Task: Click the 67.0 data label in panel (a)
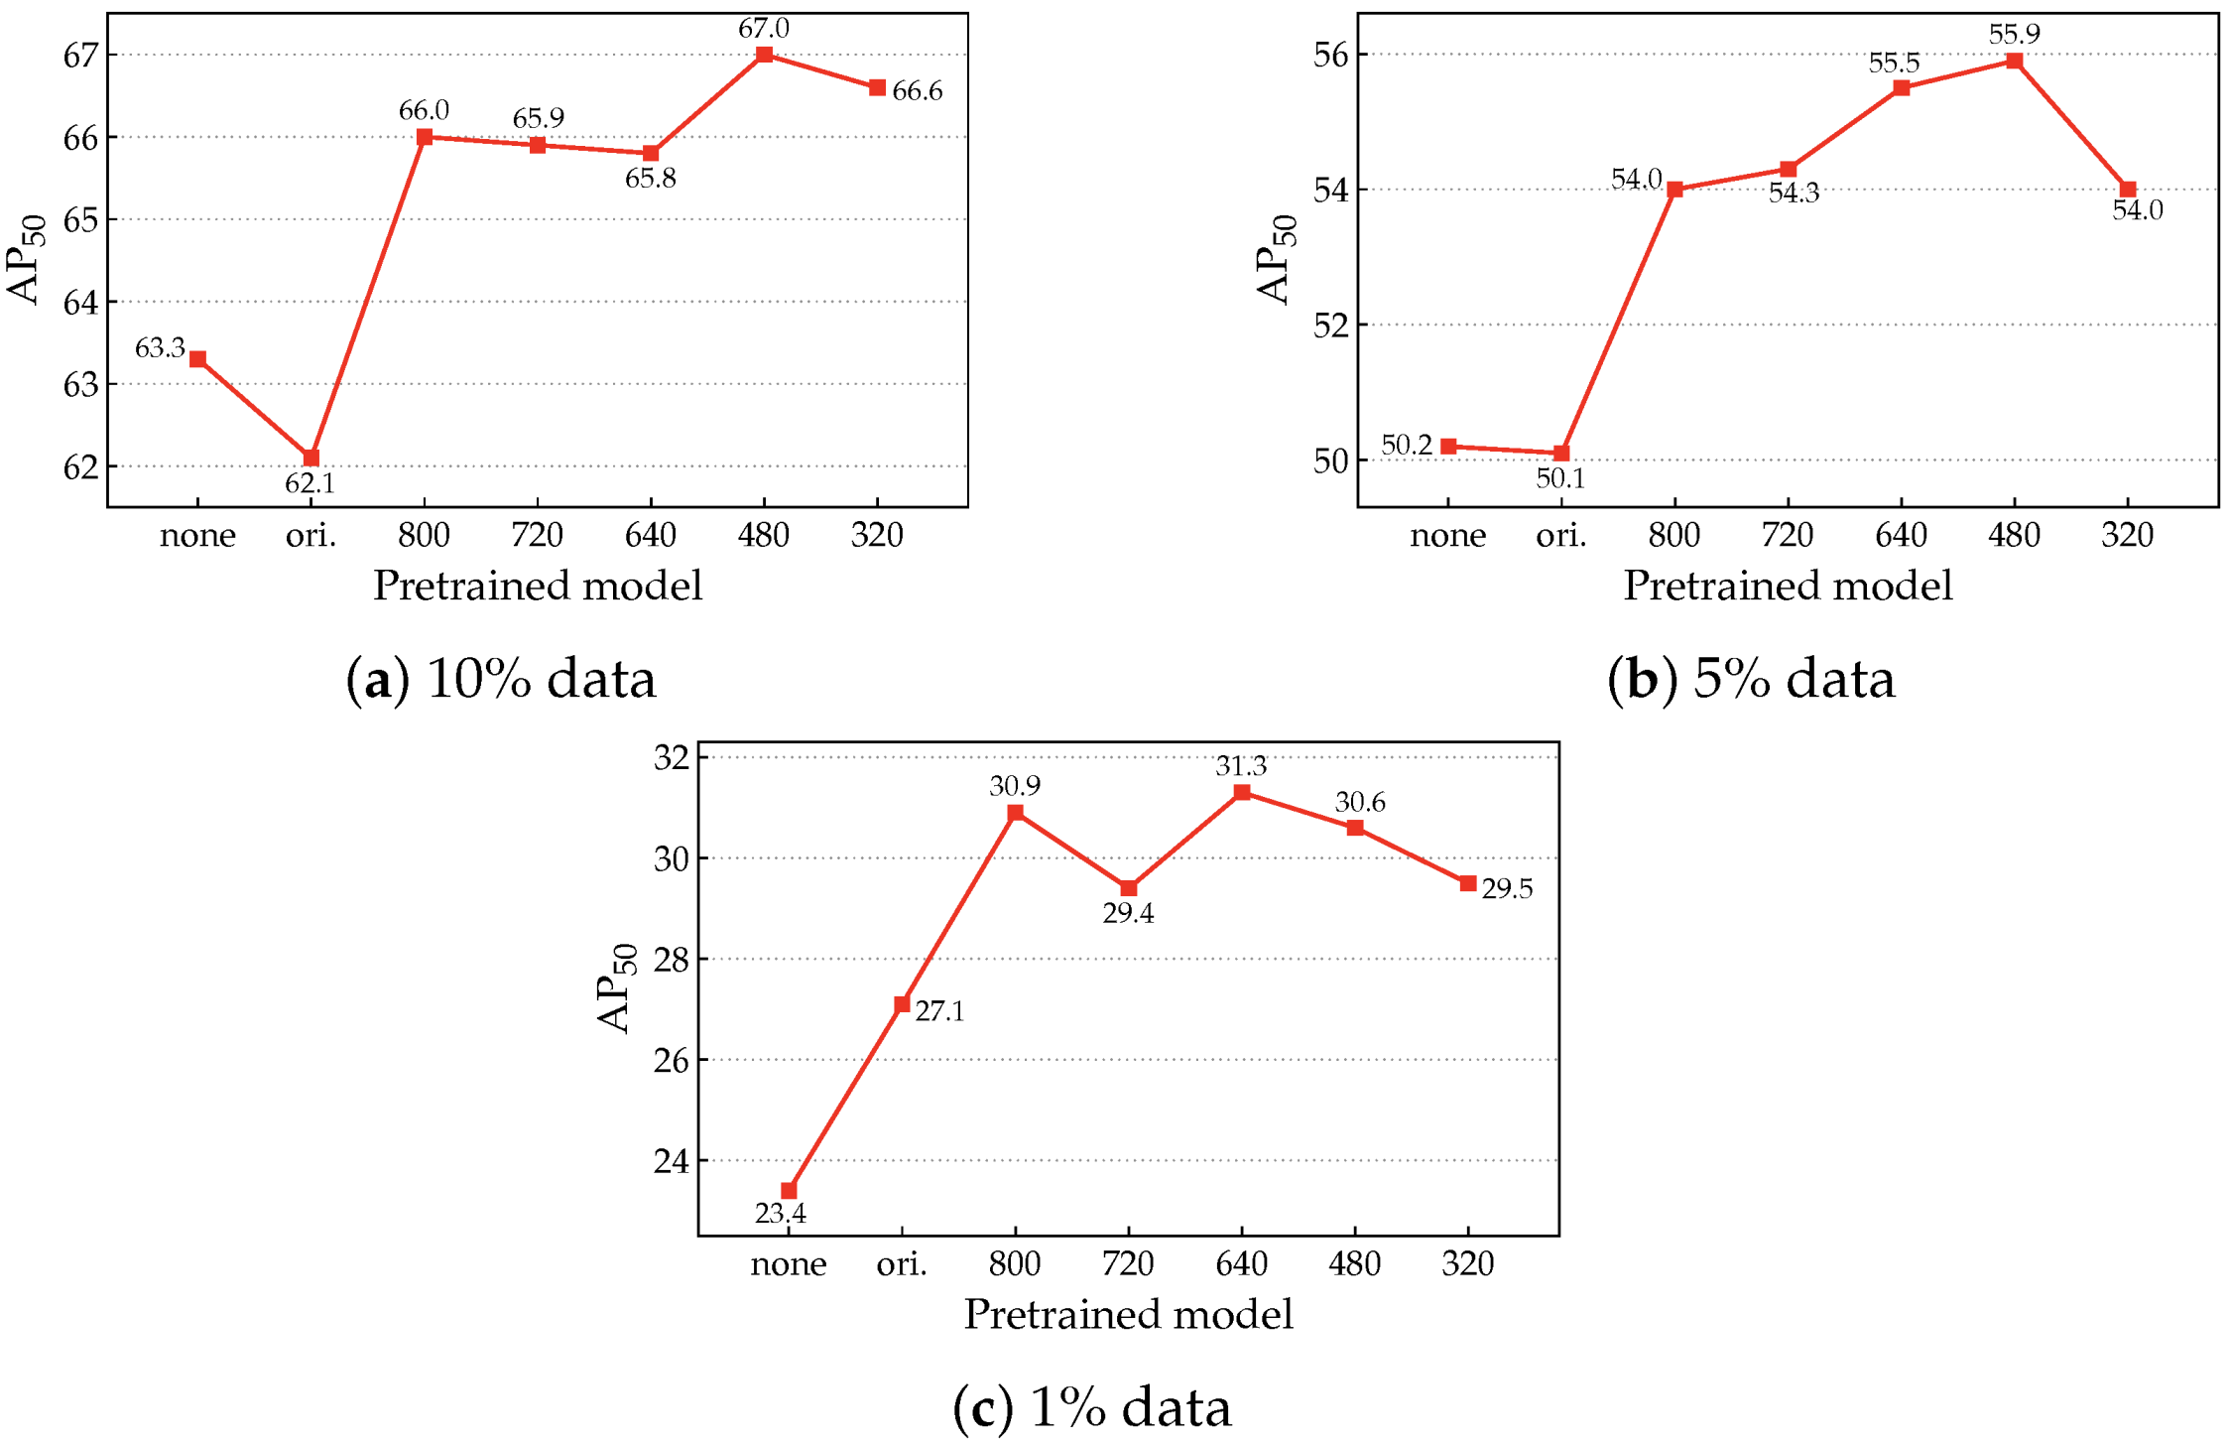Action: (x=763, y=28)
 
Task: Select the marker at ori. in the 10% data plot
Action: (x=311, y=458)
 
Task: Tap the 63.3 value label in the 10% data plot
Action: (x=160, y=348)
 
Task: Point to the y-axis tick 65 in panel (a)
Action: (x=81, y=219)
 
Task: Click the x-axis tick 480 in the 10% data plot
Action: (x=763, y=536)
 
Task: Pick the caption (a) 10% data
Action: (x=501, y=680)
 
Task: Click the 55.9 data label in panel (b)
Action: (x=2014, y=35)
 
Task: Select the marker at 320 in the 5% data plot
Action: (x=2127, y=190)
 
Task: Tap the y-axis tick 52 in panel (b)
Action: (x=1331, y=326)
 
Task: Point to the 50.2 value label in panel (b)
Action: (x=1407, y=446)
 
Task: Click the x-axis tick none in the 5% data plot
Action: (x=1447, y=536)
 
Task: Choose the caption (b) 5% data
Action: (x=1751, y=680)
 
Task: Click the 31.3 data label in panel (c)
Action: (x=1241, y=766)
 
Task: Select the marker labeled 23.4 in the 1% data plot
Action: (x=789, y=1190)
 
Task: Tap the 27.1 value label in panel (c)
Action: (x=939, y=1011)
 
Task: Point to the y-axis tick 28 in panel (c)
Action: (x=672, y=960)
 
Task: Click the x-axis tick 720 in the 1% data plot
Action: (x=1128, y=1263)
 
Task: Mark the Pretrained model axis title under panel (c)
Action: (x=1128, y=1314)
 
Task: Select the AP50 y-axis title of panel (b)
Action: (x=1276, y=260)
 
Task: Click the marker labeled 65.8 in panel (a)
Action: (x=651, y=153)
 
